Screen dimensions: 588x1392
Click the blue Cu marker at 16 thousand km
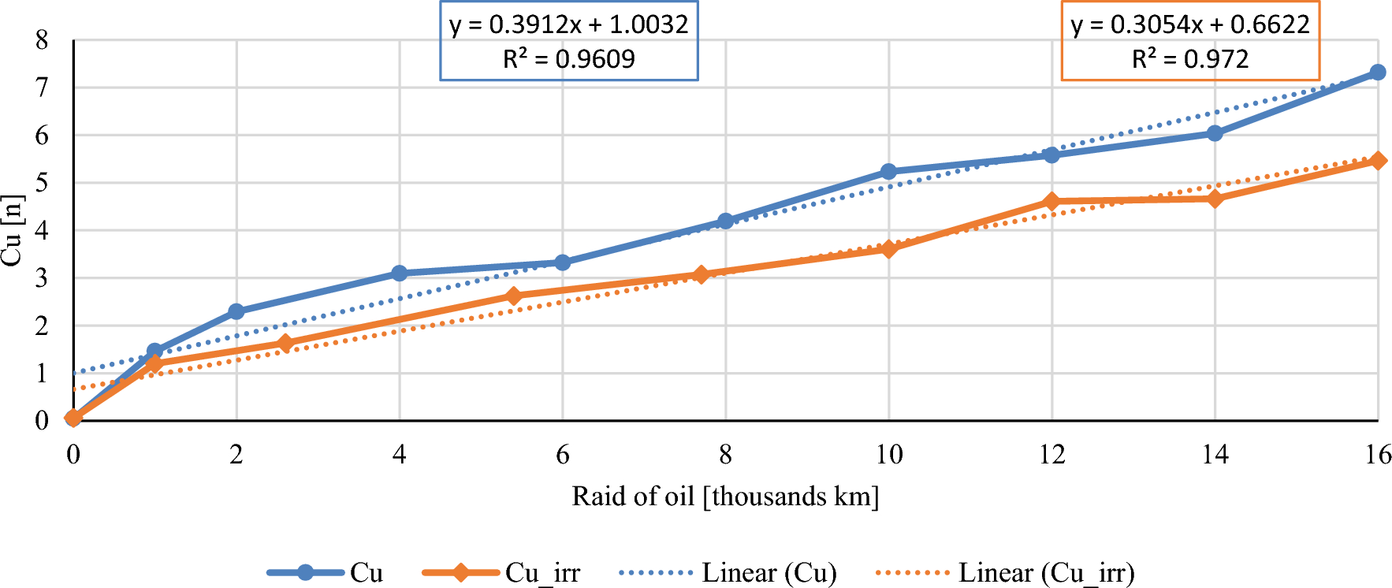click(x=1378, y=73)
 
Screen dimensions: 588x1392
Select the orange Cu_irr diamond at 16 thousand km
click(x=1378, y=161)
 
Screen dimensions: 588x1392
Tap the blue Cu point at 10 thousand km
click(x=888, y=172)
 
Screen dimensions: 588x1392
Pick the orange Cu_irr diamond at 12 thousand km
click(x=1051, y=202)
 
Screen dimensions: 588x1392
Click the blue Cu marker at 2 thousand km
click(x=236, y=312)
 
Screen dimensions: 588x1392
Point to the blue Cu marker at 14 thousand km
click(x=1215, y=133)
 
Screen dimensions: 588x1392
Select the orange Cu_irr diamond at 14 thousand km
click(x=1215, y=199)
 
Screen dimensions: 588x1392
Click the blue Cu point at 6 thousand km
click(x=563, y=262)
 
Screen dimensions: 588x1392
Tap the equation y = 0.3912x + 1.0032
click(x=568, y=24)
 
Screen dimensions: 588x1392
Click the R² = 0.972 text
click(x=1189, y=59)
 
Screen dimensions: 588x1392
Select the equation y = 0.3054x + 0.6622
click(x=1189, y=24)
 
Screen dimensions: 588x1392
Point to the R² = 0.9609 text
click(x=568, y=59)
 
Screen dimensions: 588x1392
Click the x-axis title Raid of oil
click(x=725, y=497)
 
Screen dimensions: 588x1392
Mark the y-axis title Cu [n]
click(x=12, y=230)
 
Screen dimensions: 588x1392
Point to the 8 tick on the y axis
click(x=42, y=40)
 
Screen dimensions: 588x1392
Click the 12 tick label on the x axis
click(x=1051, y=455)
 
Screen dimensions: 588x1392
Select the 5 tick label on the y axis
click(x=42, y=183)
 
